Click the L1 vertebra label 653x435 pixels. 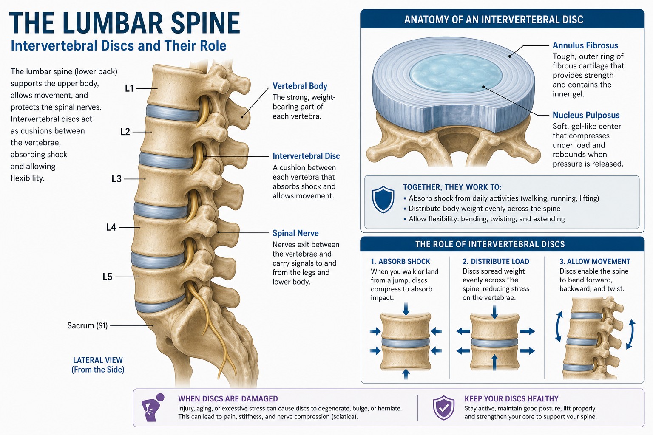pos(129,88)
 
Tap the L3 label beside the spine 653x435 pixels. pos(116,178)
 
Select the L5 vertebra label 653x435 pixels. pos(108,277)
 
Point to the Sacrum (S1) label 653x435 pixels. pos(88,325)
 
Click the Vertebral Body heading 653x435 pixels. pos(300,86)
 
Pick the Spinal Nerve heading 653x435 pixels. pos(295,233)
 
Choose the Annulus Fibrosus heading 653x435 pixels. pos(585,45)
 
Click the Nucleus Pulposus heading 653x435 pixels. pos(586,115)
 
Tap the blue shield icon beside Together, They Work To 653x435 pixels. pos(383,200)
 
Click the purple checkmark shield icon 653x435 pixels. pos(443,408)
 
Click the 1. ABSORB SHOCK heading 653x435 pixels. pos(400,261)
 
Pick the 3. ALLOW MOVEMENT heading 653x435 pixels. pos(595,261)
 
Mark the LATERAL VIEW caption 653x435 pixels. pos(98,360)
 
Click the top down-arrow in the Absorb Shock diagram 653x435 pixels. pos(406,309)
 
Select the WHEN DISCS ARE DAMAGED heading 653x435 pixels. pos(228,398)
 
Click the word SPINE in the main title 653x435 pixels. pos(205,23)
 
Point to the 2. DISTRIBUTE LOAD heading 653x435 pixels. pos(496,261)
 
